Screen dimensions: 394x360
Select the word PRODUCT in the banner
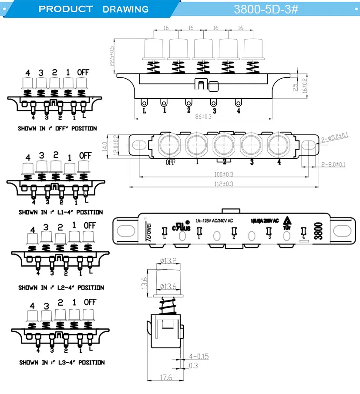coord(66,9)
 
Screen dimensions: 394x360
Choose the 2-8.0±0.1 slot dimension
coord(333,164)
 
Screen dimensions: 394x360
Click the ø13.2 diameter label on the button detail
coord(168,261)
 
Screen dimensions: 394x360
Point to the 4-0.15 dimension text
coord(199,357)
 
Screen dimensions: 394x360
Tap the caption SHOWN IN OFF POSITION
coord(57,129)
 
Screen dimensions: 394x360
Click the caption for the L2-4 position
coord(61,287)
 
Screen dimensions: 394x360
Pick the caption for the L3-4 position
coord(61,362)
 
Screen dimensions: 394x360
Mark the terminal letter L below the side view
coord(144,110)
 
